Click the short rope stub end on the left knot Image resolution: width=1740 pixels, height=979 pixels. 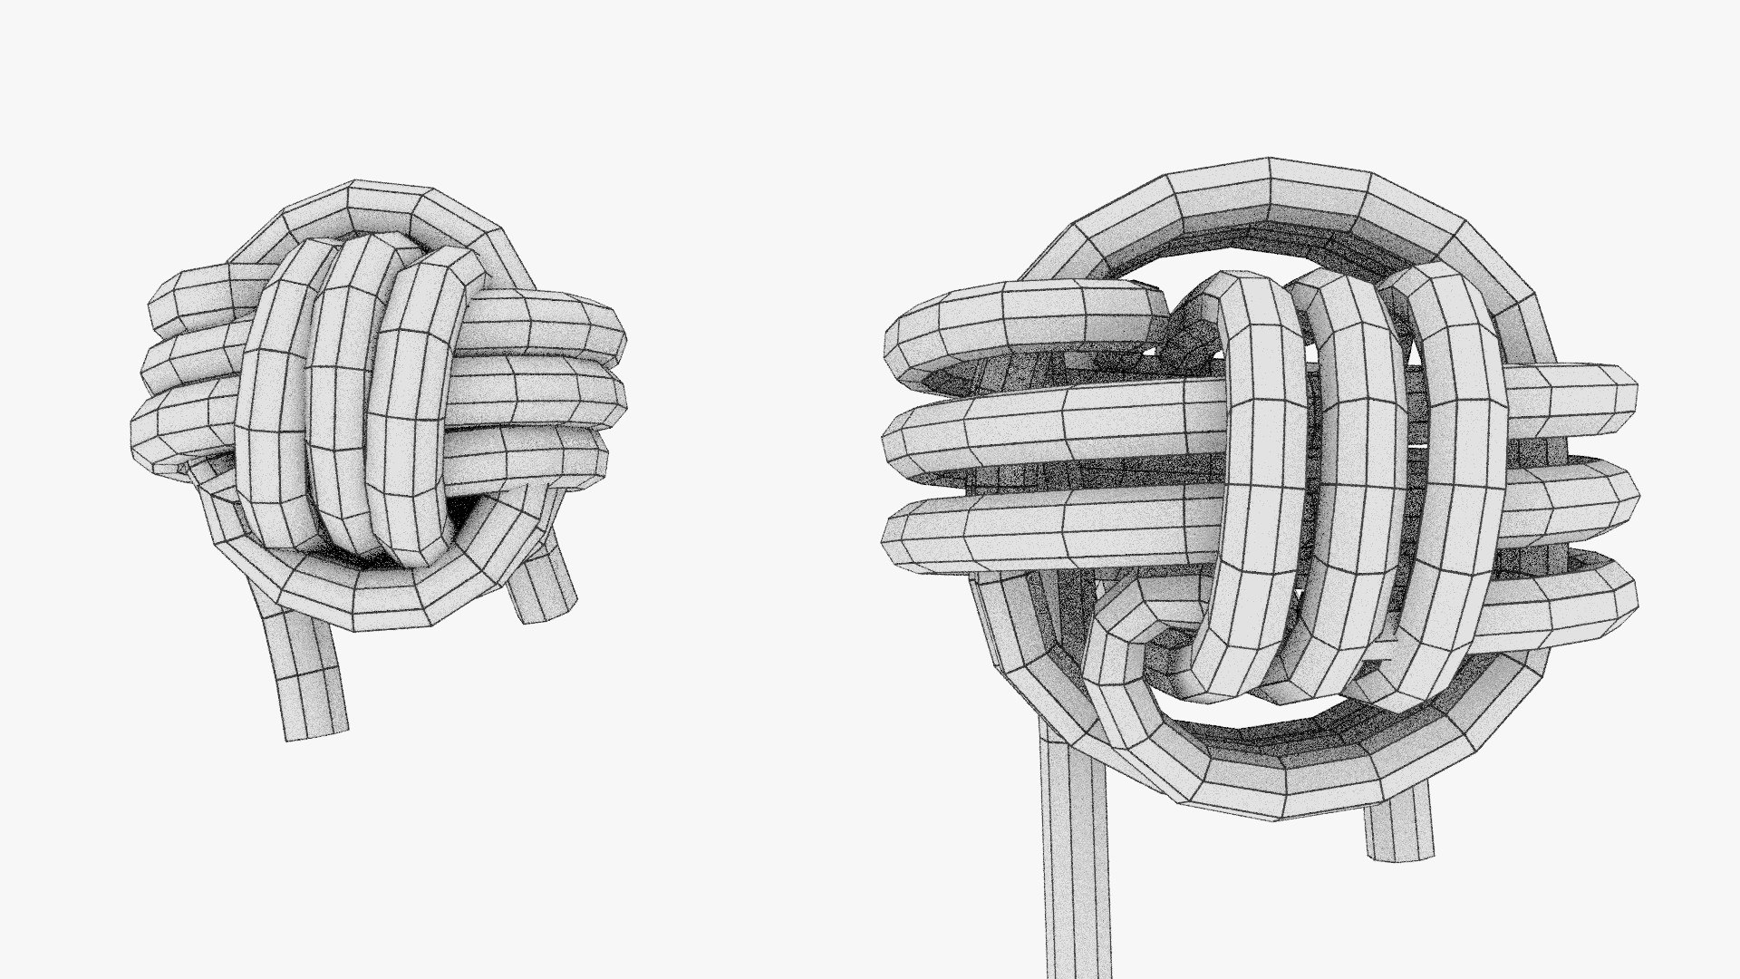pos(544,589)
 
